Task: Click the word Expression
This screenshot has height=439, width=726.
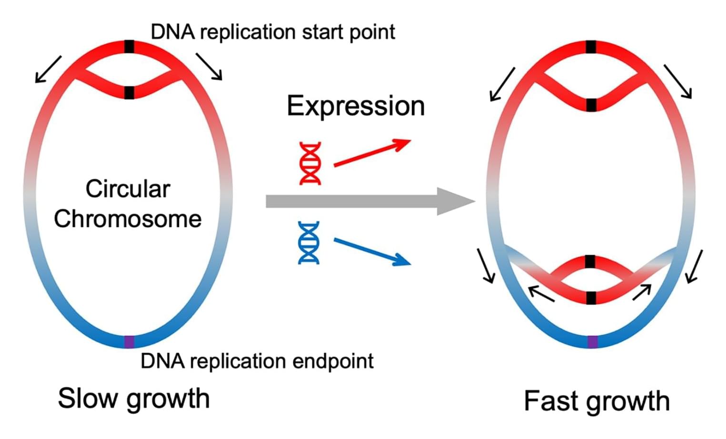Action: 356,106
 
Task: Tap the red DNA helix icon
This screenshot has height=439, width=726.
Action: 310,163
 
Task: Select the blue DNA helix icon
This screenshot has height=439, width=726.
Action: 308,242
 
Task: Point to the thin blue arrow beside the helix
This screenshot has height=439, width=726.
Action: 372,251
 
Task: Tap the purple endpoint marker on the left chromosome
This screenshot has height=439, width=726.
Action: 129,341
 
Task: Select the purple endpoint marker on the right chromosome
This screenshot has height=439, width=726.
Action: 592,342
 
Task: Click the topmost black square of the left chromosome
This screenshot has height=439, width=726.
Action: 129,47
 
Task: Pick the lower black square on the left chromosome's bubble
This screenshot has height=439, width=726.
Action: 129,92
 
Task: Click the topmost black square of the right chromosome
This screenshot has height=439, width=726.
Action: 591,47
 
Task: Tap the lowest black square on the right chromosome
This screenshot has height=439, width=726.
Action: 591,298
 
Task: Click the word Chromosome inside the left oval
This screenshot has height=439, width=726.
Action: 128,219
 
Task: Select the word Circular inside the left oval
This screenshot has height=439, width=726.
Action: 128,189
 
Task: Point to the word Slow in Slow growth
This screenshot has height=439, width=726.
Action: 87,398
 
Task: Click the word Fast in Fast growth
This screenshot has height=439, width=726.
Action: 550,400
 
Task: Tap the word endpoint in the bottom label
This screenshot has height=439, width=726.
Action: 333,361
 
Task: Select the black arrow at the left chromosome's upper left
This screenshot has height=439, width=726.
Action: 48,70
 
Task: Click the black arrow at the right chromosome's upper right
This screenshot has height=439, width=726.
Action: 677,81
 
